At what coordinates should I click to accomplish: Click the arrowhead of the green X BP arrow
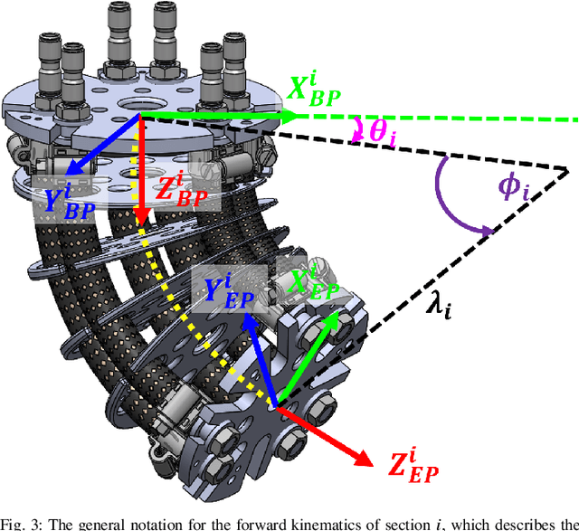291,116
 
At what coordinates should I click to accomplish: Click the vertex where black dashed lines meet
567,171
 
